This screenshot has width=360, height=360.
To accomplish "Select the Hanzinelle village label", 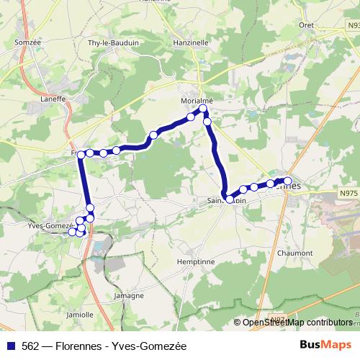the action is click(x=188, y=42).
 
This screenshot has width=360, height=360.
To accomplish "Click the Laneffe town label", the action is click(x=53, y=99).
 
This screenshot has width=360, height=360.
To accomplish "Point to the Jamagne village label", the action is click(x=129, y=296).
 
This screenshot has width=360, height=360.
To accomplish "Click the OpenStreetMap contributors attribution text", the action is click(x=297, y=323).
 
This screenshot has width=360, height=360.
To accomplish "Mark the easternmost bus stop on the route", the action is click(x=287, y=181).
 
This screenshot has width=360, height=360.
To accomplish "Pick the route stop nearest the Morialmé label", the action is click(x=203, y=109).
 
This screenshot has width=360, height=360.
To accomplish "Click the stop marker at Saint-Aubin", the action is click(x=230, y=199).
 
